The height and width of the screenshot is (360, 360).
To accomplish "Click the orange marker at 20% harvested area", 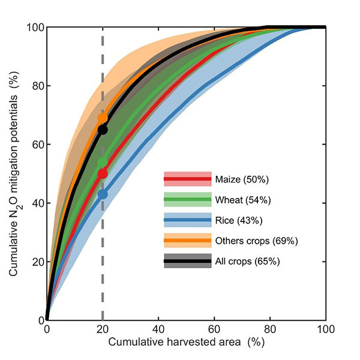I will pos(103,118).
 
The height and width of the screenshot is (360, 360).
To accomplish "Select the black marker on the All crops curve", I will pos(103,130).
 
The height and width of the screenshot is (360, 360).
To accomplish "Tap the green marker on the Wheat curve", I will pos(103,162).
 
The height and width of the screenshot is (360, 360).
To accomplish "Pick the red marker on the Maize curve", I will pos(103,173).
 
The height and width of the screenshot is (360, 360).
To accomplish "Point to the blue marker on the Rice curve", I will pos(103,194).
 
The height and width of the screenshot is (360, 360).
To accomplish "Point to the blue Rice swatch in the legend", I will pos(187,220).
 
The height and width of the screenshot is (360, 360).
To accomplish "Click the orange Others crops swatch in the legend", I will pos(187,241).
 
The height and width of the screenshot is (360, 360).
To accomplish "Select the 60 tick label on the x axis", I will pos(214,329).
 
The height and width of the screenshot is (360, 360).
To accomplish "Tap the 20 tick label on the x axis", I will pos(103,329).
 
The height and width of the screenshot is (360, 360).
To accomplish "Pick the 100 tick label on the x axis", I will pos(326,329).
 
